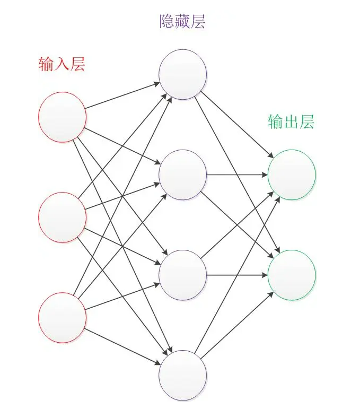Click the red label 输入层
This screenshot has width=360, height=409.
[x=62, y=64]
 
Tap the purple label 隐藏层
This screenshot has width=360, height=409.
[x=182, y=22]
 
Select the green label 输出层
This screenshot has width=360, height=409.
[x=291, y=122]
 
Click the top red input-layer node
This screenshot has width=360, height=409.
[x=62, y=117]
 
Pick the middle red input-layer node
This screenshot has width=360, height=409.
[x=62, y=217]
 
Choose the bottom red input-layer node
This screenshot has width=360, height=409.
[x=62, y=317]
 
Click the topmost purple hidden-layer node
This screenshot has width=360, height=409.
[x=183, y=75]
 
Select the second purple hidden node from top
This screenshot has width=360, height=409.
[x=183, y=175]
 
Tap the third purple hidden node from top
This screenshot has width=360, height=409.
[x=183, y=275]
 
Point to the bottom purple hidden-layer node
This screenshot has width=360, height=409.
[x=183, y=375]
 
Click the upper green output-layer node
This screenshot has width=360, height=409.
[x=292, y=175]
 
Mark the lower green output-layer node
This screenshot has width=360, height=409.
[x=292, y=275]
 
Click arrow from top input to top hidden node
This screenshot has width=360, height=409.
[x=122, y=96]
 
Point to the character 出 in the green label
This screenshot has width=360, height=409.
[x=291, y=122]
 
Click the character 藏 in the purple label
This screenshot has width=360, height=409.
[x=182, y=22]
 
